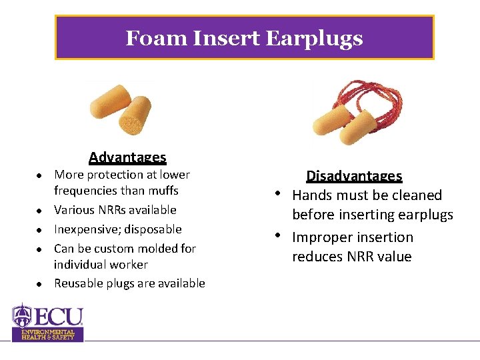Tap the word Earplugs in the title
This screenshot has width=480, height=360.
(314, 39)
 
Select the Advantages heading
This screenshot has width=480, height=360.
(127, 157)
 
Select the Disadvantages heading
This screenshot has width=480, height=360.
(354, 176)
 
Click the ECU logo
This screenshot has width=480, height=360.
(48, 321)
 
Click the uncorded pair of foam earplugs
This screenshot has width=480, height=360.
(121, 109)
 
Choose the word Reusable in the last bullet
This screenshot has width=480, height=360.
(77, 283)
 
